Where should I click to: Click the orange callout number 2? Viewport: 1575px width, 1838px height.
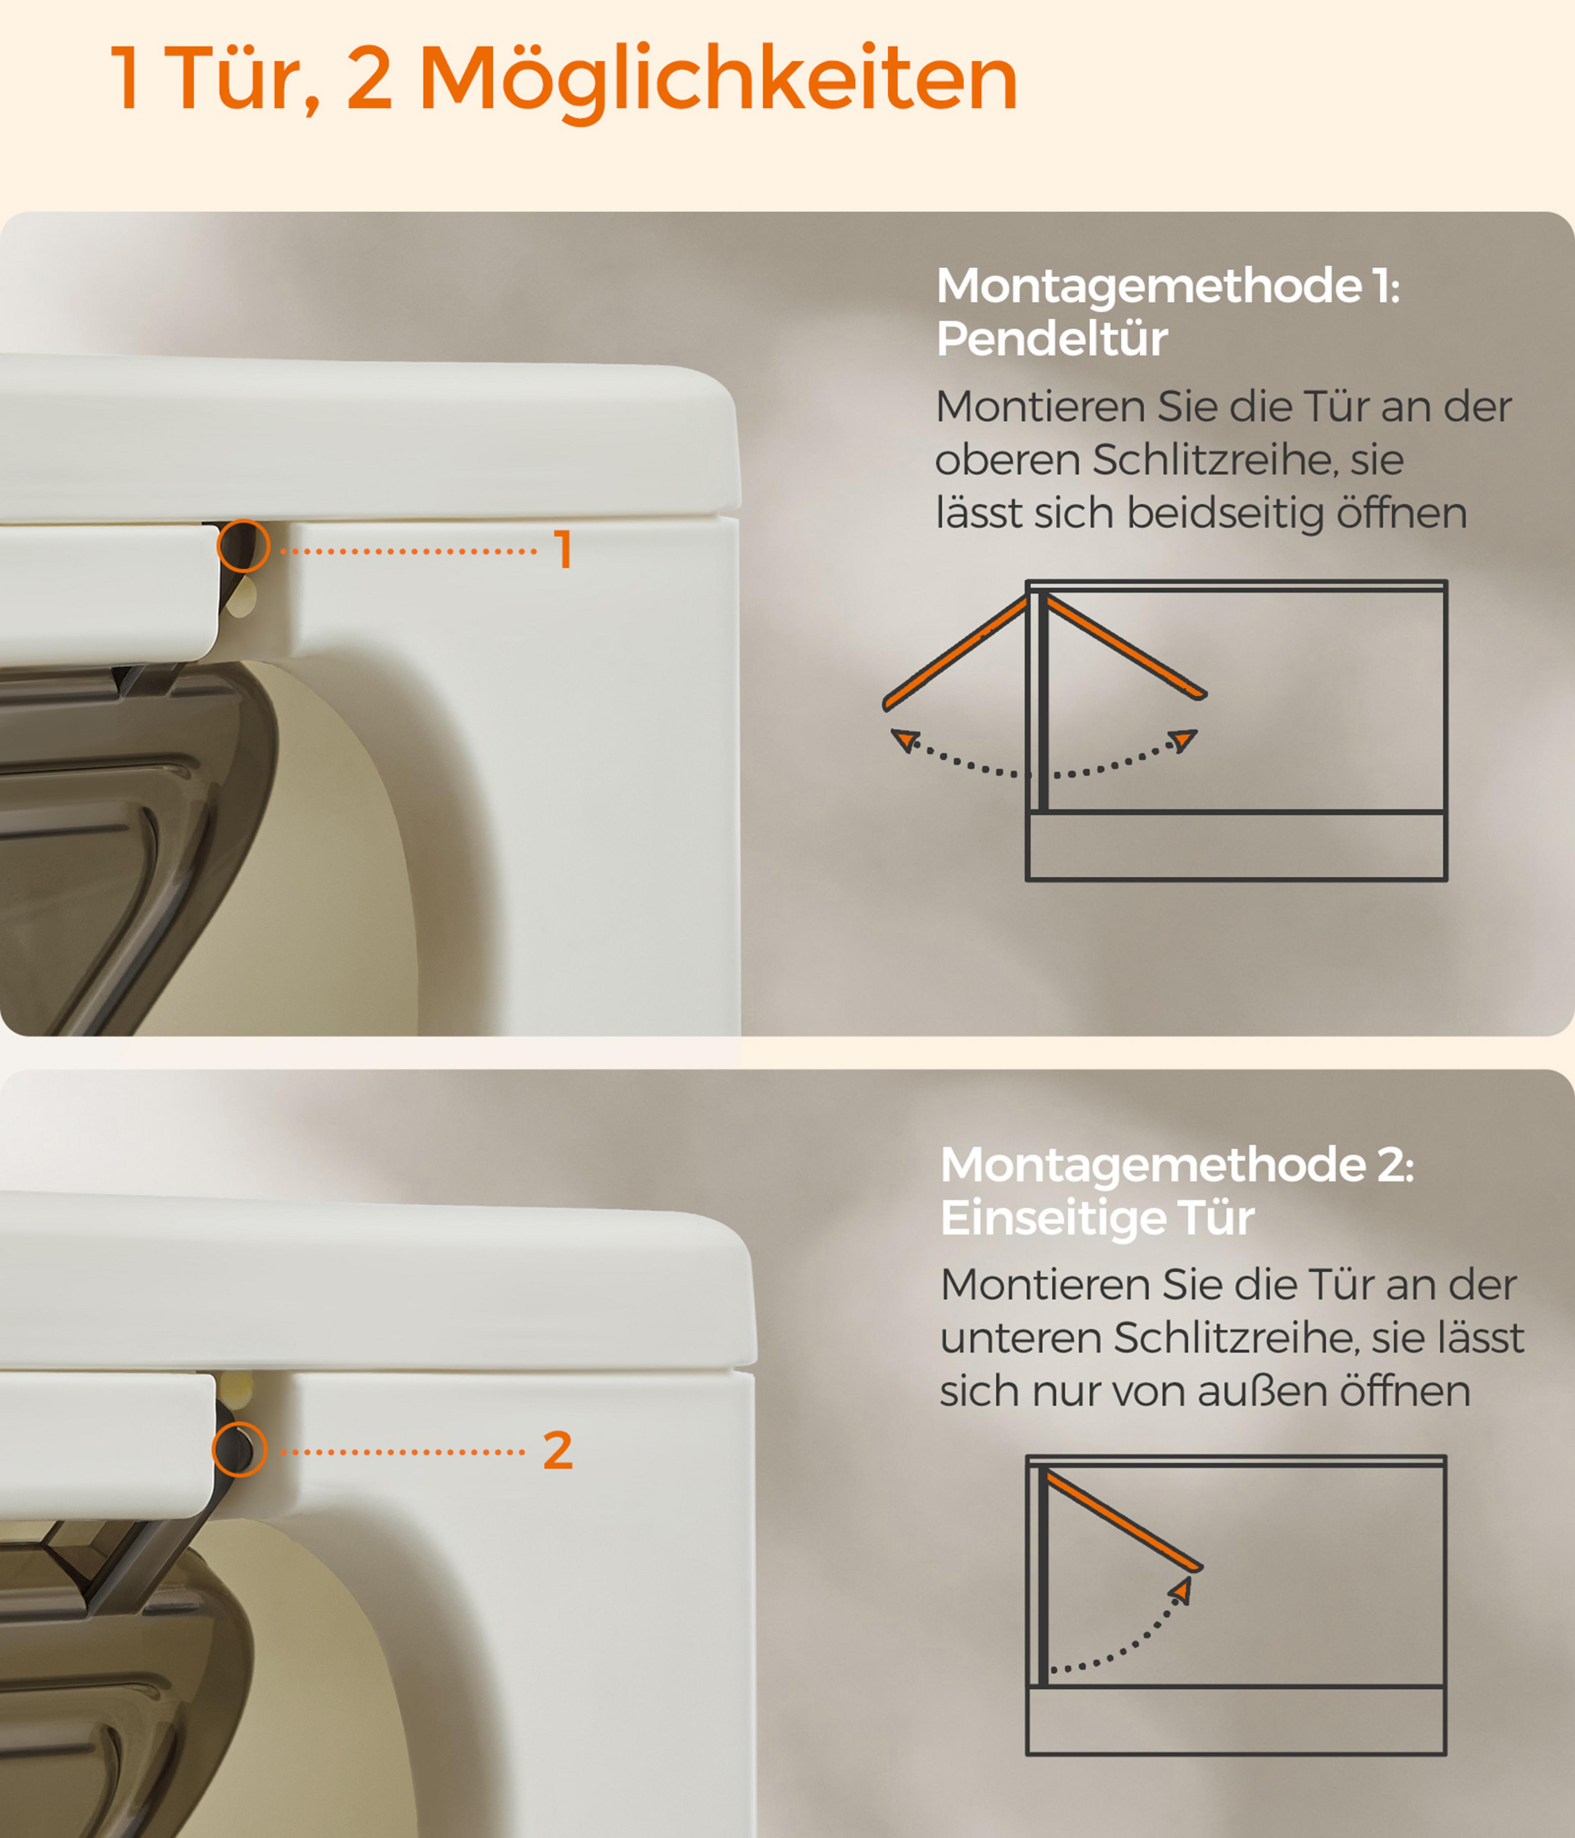pyautogui.click(x=558, y=1451)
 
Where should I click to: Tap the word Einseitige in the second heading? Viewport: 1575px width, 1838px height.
pyautogui.click(x=1052, y=1218)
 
